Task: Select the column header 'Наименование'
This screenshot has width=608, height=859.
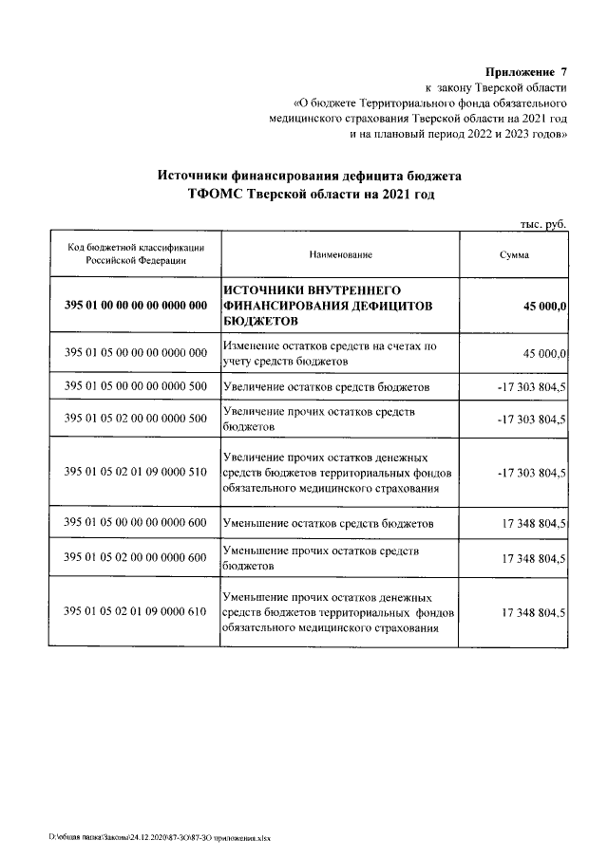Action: click(x=340, y=255)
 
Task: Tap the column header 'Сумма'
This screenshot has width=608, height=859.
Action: click(x=515, y=255)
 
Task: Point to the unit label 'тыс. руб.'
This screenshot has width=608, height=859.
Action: click(x=543, y=223)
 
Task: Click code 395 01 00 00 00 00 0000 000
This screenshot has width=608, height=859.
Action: click(x=136, y=306)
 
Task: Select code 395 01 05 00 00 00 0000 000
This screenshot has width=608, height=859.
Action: click(x=136, y=353)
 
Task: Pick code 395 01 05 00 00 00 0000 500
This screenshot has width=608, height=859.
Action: click(x=136, y=387)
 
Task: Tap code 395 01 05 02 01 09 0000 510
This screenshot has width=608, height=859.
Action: click(x=136, y=472)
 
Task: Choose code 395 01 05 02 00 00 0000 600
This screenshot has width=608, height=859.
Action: click(x=136, y=557)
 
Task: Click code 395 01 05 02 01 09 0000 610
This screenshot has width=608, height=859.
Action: click(x=136, y=611)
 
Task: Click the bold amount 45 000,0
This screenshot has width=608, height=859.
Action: click(x=544, y=306)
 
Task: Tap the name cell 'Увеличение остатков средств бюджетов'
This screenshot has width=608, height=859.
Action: click(x=327, y=387)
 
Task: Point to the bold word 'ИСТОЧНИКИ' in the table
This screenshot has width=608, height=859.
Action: click(x=262, y=289)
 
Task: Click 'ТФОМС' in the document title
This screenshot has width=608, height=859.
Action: click(x=216, y=195)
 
